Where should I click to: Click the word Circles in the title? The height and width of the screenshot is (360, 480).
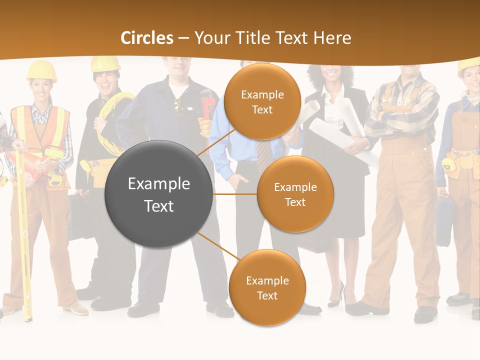(x=147, y=38)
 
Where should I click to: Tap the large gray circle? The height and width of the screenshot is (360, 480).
(x=158, y=194)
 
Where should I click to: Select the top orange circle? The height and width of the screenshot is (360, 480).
(x=262, y=101)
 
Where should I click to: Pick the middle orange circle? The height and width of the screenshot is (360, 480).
(x=295, y=194)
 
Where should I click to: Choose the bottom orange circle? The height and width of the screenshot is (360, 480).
(x=267, y=287)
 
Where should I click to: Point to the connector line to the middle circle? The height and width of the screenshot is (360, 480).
(x=235, y=194)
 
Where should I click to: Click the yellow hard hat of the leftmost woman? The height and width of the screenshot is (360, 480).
(x=41, y=70)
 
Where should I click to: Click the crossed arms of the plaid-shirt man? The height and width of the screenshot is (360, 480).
(x=400, y=120)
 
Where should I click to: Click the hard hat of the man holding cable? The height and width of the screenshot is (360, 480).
(x=105, y=63)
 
